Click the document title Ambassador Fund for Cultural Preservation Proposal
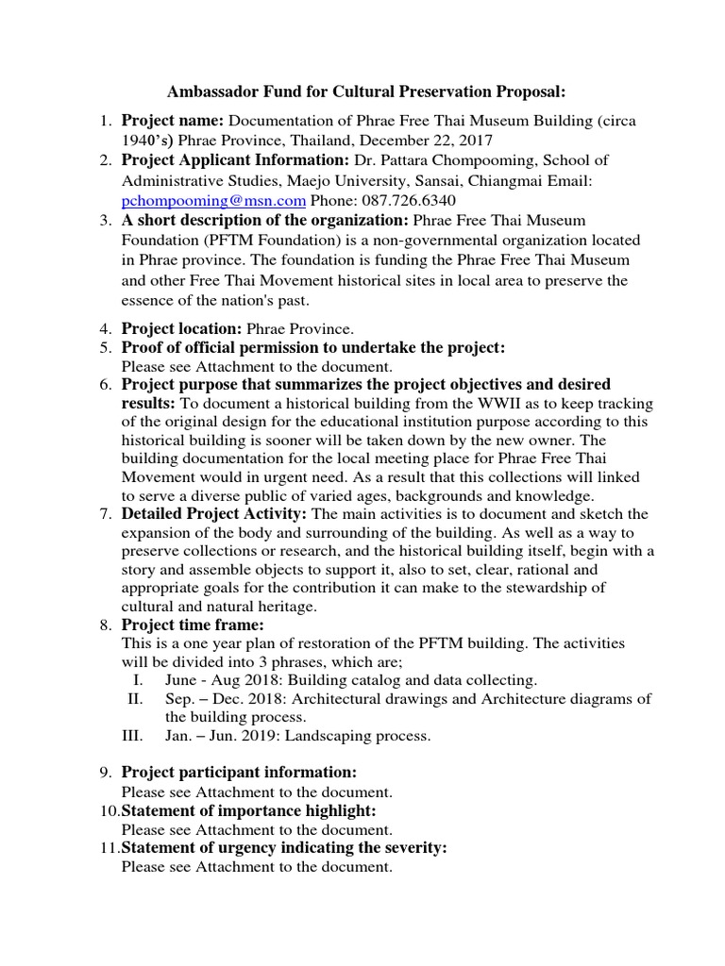click(x=366, y=92)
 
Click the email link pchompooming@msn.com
click(x=213, y=200)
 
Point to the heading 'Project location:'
click(x=182, y=329)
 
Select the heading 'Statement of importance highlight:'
click(x=248, y=811)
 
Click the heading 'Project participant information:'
click(x=239, y=774)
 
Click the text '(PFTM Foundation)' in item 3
click(x=184, y=240)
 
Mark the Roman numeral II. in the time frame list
click(x=134, y=698)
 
